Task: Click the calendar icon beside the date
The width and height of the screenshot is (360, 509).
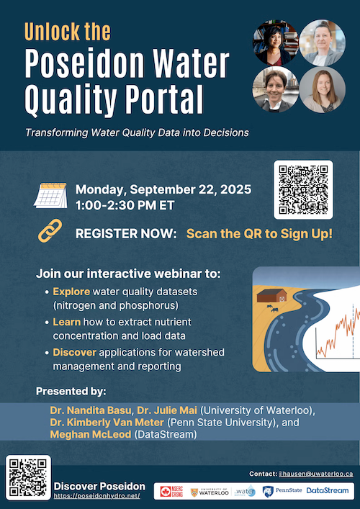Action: point(51,196)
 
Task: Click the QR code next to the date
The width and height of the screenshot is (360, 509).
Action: point(304,189)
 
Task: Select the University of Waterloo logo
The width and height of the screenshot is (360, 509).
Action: point(209,490)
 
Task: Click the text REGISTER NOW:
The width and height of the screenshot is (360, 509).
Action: point(127,234)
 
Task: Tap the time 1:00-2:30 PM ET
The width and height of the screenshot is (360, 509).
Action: point(123,205)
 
